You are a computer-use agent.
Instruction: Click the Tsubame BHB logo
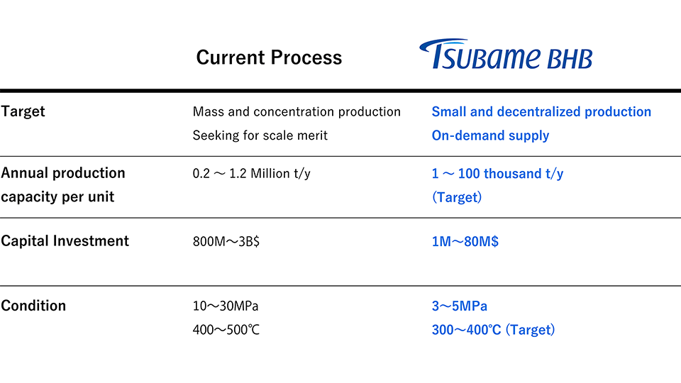(505, 55)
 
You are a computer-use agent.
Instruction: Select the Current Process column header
(269, 57)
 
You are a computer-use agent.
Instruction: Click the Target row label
(23, 111)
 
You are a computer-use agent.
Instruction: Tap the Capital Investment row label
(65, 240)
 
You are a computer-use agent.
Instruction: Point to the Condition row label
(33, 306)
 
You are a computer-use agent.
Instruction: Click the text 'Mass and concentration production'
(297, 111)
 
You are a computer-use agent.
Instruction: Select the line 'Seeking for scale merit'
(260, 135)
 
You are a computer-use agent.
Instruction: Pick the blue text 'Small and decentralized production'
(541, 111)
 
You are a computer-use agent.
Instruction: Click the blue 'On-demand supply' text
(490, 135)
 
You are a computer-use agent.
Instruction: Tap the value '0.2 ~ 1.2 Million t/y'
(251, 173)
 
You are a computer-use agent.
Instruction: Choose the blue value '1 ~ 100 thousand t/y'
(497, 173)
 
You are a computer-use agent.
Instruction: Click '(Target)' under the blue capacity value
(457, 197)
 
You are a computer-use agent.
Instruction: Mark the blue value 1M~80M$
(465, 241)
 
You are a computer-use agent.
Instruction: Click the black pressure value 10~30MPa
(226, 306)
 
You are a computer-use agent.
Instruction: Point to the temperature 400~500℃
(226, 330)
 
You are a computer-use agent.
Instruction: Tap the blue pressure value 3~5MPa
(459, 306)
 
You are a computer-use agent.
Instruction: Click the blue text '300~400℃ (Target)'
(493, 330)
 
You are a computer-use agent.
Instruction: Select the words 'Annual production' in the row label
(63, 173)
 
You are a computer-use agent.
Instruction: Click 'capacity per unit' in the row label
(57, 197)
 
